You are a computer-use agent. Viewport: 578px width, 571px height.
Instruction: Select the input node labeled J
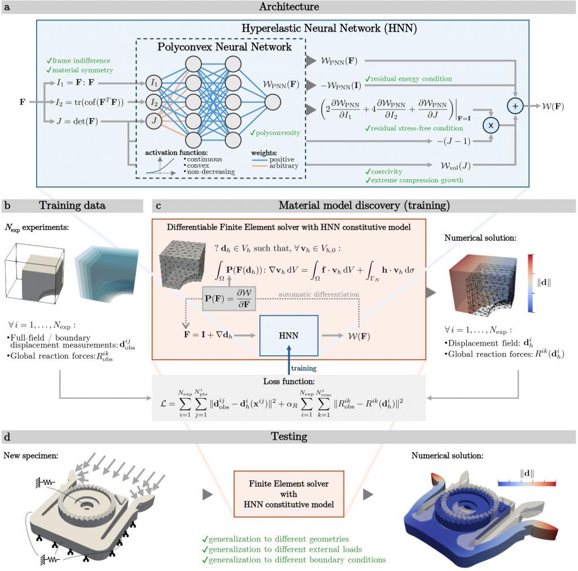[154, 120]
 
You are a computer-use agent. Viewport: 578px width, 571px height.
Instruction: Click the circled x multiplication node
[491, 125]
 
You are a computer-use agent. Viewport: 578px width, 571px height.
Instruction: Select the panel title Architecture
[288, 7]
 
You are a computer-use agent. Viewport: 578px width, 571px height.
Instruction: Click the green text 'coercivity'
[386, 171]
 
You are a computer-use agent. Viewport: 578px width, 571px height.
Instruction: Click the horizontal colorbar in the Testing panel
[527, 483]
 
